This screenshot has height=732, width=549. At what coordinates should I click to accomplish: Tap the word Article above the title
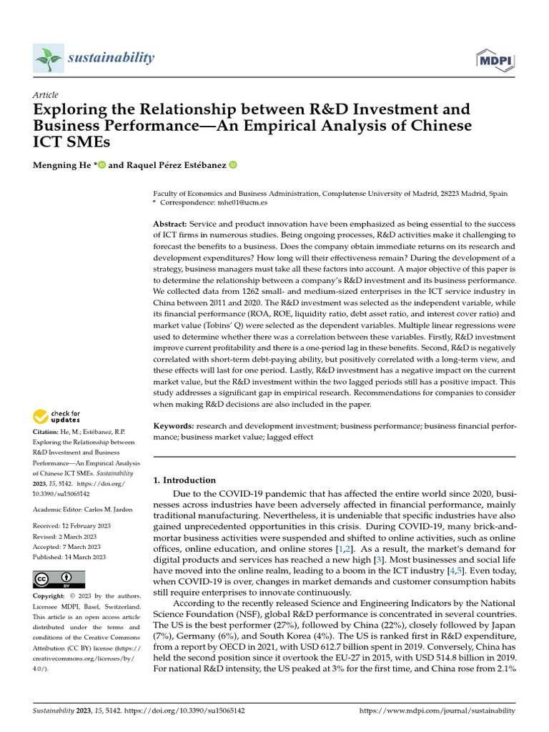coord(46,95)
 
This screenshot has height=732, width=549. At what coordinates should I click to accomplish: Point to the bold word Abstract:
coord(171,224)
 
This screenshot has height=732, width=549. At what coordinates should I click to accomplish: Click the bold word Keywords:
coord(174,425)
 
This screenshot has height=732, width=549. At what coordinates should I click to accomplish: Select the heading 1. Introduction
coord(184,480)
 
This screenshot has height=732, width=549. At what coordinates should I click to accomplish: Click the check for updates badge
coord(56,416)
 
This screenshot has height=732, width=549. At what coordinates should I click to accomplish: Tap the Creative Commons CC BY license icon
coord(59,579)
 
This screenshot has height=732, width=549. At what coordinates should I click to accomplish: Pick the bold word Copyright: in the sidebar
coord(49,596)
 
